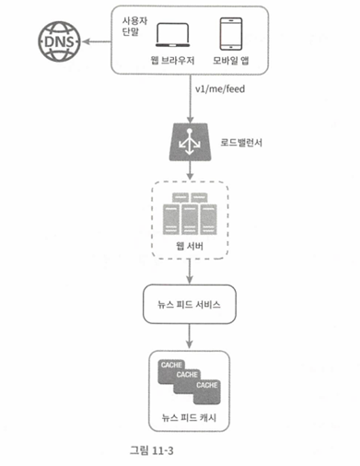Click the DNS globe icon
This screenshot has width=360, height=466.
(x=59, y=41)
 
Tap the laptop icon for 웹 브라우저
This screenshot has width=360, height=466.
(x=172, y=35)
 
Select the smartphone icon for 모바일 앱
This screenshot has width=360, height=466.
(x=231, y=34)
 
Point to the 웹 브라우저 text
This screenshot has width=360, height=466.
(x=172, y=60)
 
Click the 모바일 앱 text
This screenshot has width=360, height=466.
(x=231, y=61)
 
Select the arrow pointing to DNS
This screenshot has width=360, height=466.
(x=97, y=41)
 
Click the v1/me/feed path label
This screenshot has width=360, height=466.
(x=220, y=89)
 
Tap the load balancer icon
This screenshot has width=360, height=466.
(x=191, y=142)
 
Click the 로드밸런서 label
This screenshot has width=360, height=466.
(x=241, y=143)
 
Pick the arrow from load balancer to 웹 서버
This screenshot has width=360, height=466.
(x=190, y=170)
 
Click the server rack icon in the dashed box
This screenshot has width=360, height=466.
(x=190, y=214)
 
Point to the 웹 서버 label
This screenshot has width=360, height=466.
(x=190, y=246)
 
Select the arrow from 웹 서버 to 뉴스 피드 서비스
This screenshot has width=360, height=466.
(x=190, y=271)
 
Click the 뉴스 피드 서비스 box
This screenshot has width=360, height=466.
(x=190, y=304)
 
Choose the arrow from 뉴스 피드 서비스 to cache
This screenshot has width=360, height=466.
(x=190, y=336)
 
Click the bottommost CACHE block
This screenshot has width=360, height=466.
(x=207, y=392)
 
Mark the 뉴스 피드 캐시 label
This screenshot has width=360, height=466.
(x=189, y=417)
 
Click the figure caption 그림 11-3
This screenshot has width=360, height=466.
(x=152, y=450)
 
